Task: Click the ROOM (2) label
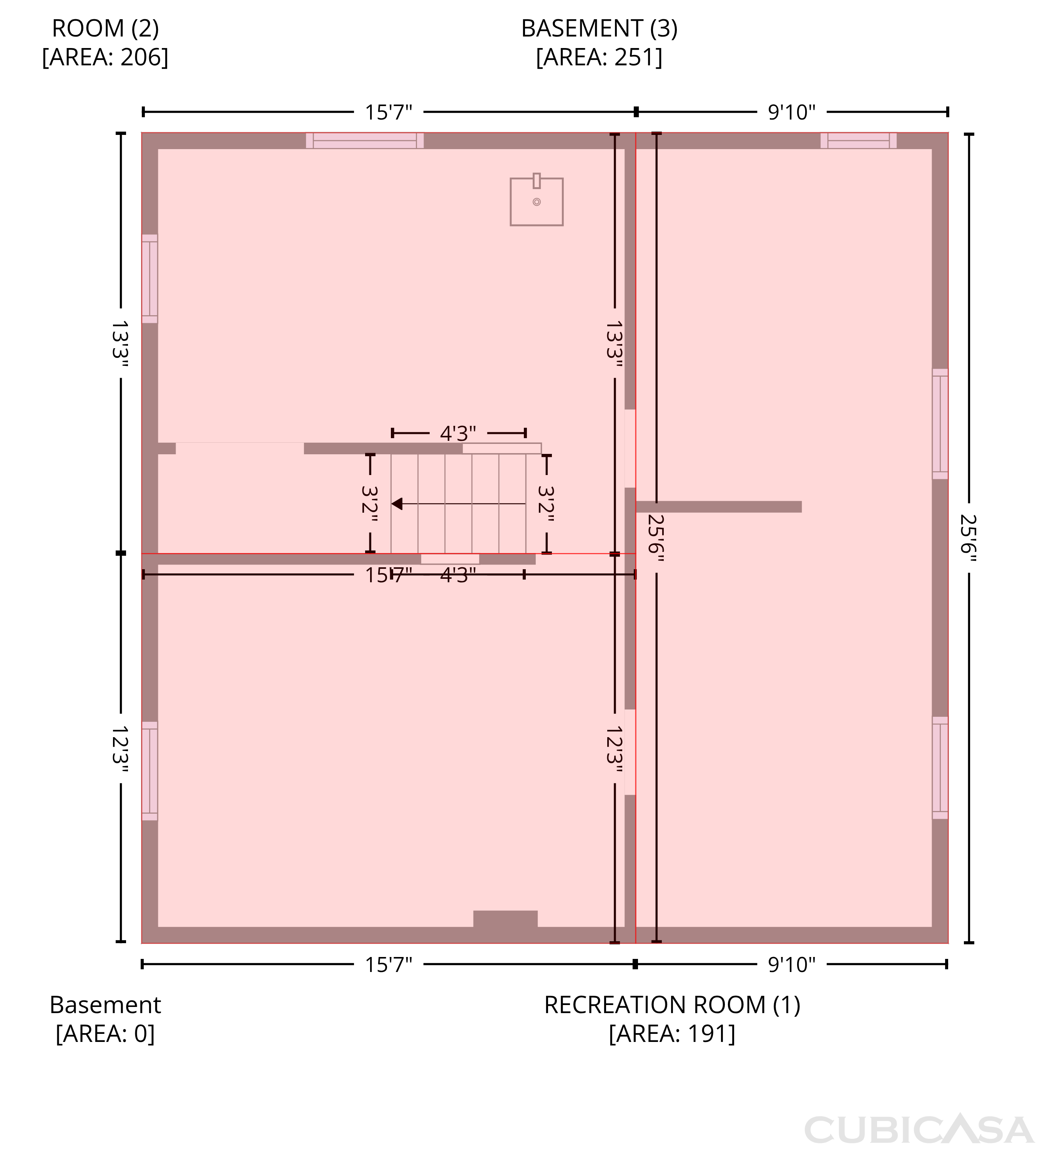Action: pyautogui.click(x=105, y=28)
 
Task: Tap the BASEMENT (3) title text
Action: pyautogui.click(x=599, y=28)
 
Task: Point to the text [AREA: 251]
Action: pyautogui.click(x=599, y=57)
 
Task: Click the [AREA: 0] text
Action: pyautogui.click(x=105, y=1033)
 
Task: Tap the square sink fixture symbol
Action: pyautogui.click(x=537, y=200)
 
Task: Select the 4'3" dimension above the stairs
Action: pyautogui.click(x=458, y=433)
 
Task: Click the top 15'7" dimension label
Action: pyautogui.click(x=389, y=112)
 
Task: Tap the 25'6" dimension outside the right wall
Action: pyautogui.click(x=969, y=538)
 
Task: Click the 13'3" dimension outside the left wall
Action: pyautogui.click(x=120, y=343)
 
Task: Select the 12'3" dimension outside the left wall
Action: pyautogui.click(x=120, y=749)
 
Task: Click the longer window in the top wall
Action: pyautogui.click(x=365, y=141)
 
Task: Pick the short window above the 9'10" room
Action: pyautogui.click(x=859, y=141)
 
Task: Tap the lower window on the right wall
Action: pyautogui.click(x=940, y=768)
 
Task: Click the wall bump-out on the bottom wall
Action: pyautogui.click(x=506, y=919)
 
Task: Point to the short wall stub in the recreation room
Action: pyautogui.click(x=719, y=507)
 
